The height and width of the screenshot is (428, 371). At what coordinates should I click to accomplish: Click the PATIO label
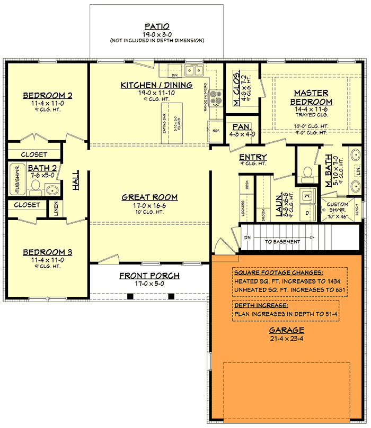point(157,26)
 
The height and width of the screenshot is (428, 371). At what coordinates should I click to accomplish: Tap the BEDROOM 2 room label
point(48,95)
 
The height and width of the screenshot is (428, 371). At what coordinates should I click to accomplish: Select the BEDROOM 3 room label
point(48,252)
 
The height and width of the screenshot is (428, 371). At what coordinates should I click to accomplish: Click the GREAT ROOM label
point(149,197)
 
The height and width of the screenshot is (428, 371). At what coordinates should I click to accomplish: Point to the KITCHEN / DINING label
point(156,85)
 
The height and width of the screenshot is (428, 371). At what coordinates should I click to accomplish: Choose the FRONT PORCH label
point(149,276)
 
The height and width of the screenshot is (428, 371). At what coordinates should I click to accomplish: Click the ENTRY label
point(253,157)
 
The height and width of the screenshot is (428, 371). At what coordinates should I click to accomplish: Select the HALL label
point(76,180)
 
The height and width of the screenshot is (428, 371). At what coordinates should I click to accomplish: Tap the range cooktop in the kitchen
point(216,98)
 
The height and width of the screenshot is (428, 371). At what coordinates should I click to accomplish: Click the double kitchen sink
point(195,70)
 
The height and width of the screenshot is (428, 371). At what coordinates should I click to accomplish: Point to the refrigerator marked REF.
point(216,130)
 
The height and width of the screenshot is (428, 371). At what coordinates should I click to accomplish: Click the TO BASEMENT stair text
point(282,242)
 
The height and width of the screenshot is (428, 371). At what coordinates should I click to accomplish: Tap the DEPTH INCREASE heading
point(260,305)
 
